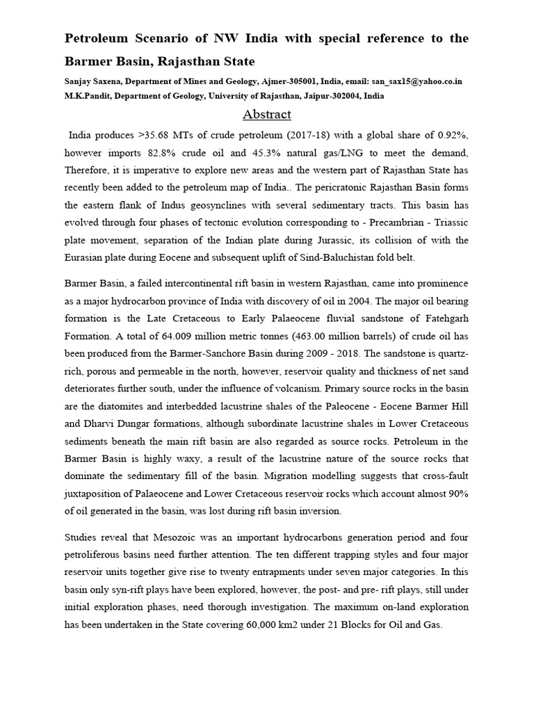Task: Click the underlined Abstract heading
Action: click(x=266, y=114)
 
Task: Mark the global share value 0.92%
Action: click(x=453, y=133)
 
